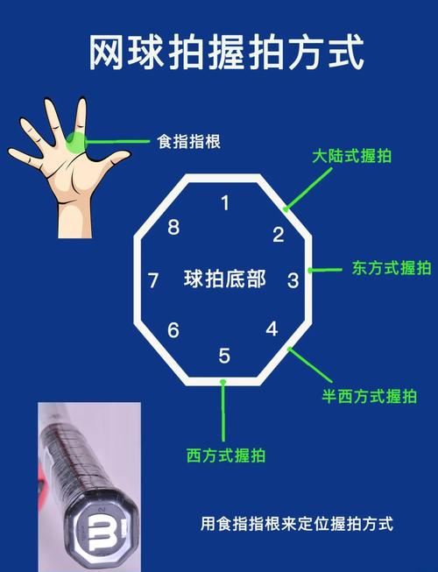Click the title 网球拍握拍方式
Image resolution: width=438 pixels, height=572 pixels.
click(225, 54)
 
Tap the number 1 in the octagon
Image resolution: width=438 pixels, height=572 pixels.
click(225, 203)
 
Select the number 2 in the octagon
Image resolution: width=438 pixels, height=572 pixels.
click(278, 234)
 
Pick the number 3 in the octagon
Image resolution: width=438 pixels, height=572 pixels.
click(293, 280)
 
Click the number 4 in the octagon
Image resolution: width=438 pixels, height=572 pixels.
click(272, 329)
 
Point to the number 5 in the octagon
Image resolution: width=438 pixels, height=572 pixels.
click(224, 356)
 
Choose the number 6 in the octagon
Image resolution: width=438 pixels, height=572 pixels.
click(173, 330)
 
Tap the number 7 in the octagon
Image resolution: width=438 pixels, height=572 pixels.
click(153, 281)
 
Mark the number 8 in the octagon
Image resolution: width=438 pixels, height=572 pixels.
click(173, 229)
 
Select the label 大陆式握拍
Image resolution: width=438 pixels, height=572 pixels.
click(352, 157)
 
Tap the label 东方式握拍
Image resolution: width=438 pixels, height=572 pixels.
click(392, 268)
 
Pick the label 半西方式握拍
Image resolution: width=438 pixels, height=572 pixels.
click(369, 396)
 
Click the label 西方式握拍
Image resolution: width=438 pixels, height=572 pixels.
click(226, 455)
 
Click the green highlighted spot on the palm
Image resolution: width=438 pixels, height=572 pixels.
click(76, 141)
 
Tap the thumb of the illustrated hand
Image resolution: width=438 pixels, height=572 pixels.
click(115, 161)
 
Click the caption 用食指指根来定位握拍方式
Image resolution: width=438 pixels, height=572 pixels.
click(298, 524)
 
